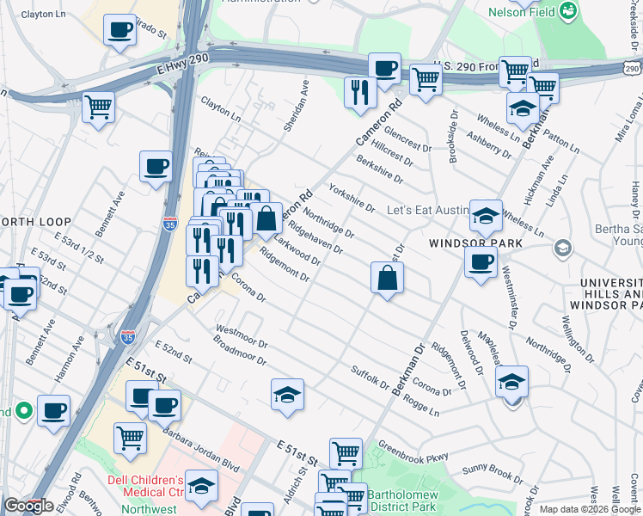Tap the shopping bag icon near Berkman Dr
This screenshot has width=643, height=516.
[387, 278]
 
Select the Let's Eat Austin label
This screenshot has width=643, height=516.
[428, 210]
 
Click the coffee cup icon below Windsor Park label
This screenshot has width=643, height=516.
[481, 261]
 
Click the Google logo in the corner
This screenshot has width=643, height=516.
[28, 506]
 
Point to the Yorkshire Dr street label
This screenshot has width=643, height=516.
[350, 197]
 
